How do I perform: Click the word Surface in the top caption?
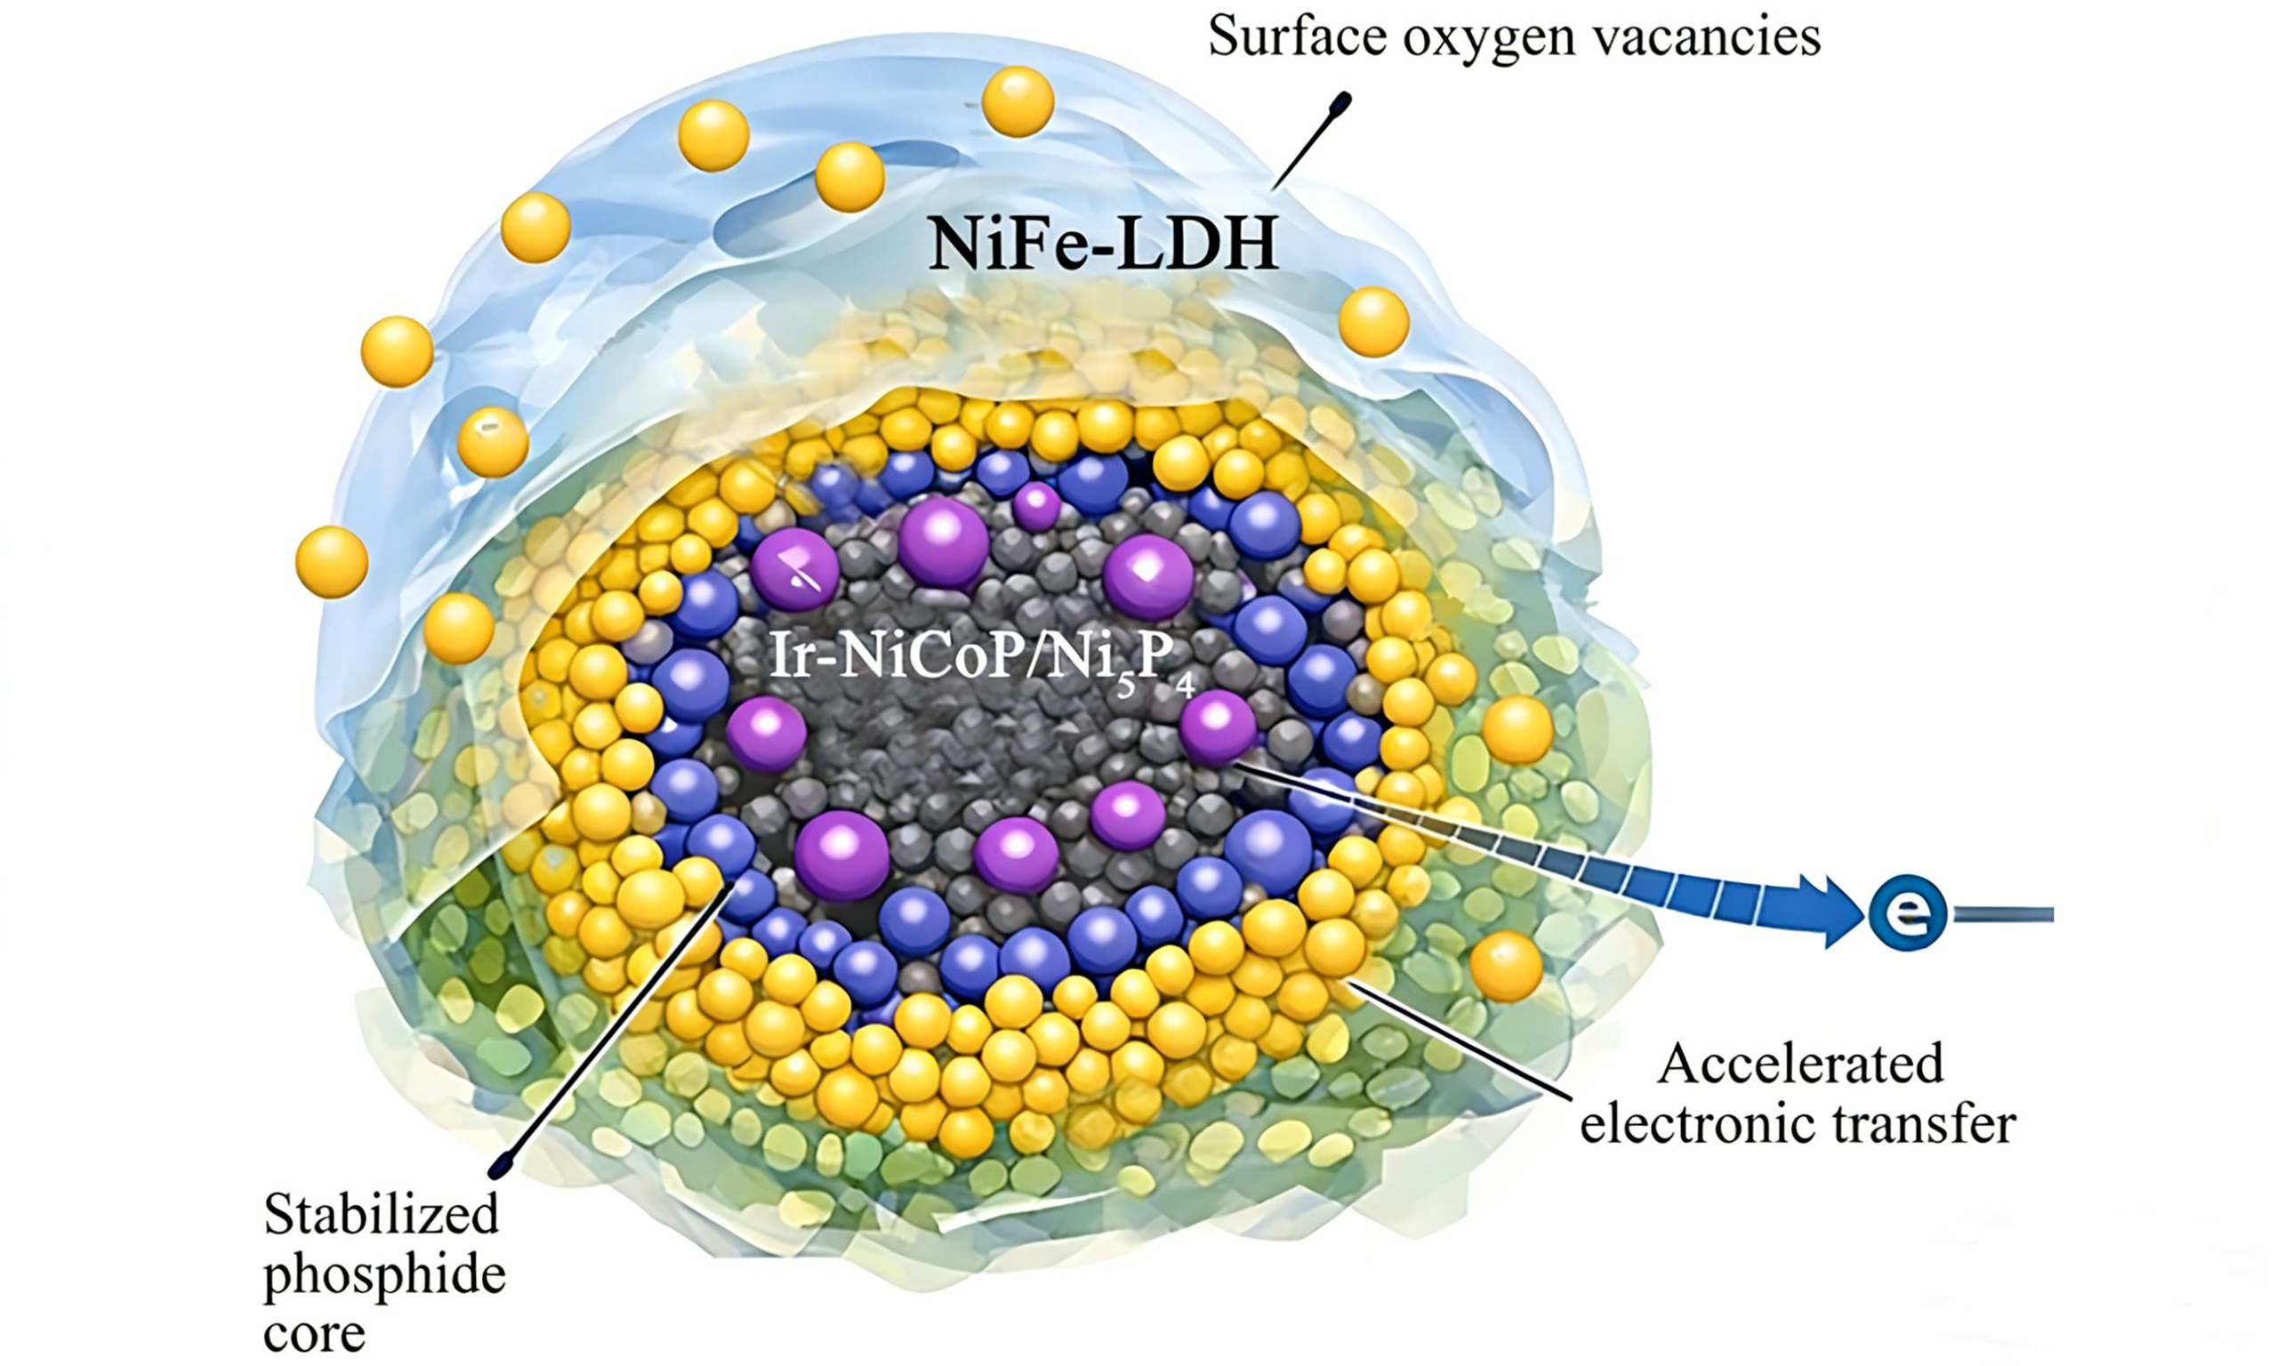1293,38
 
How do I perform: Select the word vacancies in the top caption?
1702,38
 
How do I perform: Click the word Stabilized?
381,1216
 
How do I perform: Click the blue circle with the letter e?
1907,912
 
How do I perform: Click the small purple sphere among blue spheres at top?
1037,506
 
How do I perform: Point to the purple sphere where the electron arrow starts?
1218,727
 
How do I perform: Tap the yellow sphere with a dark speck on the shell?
494,442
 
